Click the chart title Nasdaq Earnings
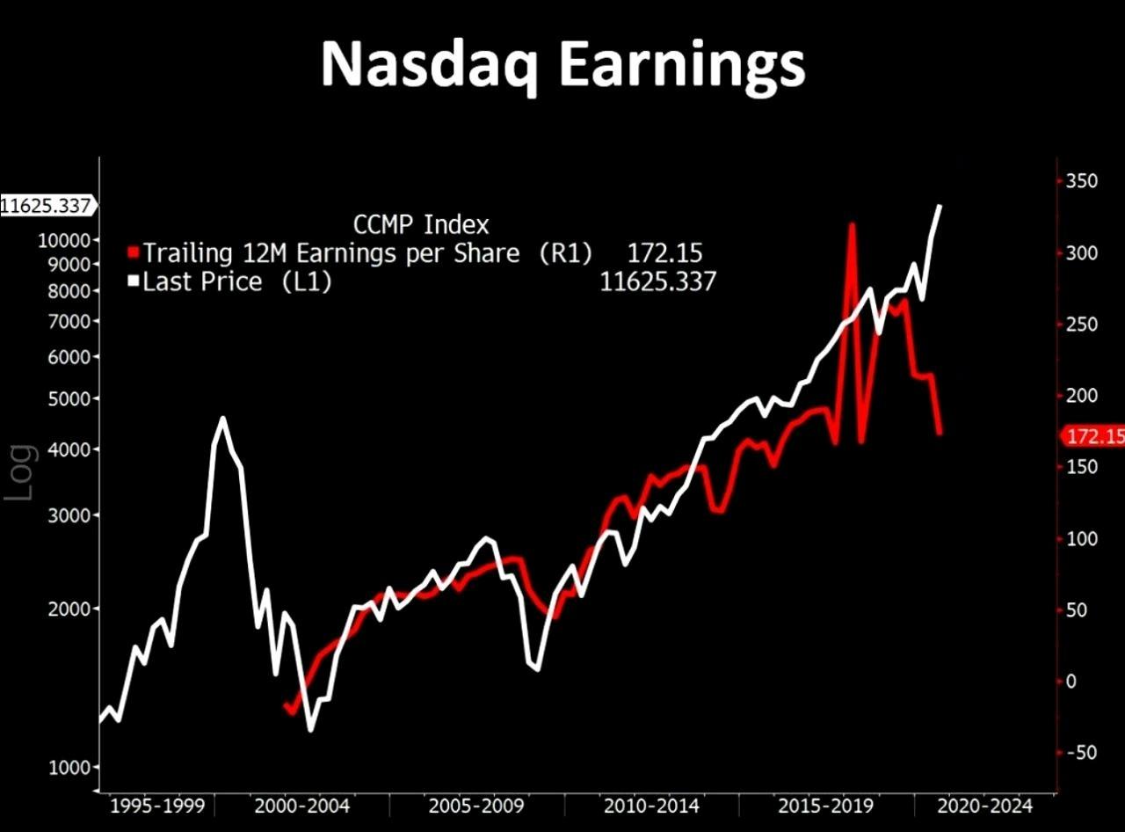[x=562, y=64]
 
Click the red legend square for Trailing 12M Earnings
[x=134, y=253]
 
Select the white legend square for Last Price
[x=134, y=281]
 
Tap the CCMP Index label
[x=421, y=224]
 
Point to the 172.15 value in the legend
[x=664, y=253]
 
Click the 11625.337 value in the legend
[x=657, y=281]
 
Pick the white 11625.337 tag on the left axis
[x=46, y=206]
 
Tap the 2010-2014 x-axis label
[x=651, y=806]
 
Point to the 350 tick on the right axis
[x=1081, y=182]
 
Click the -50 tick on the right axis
[x=1081, y=752]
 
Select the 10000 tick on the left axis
[x=65, y=240]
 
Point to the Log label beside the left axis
[x=21, y=471]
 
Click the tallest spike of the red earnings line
[x=852, y=225]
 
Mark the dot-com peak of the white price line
[x=222, y=419]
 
